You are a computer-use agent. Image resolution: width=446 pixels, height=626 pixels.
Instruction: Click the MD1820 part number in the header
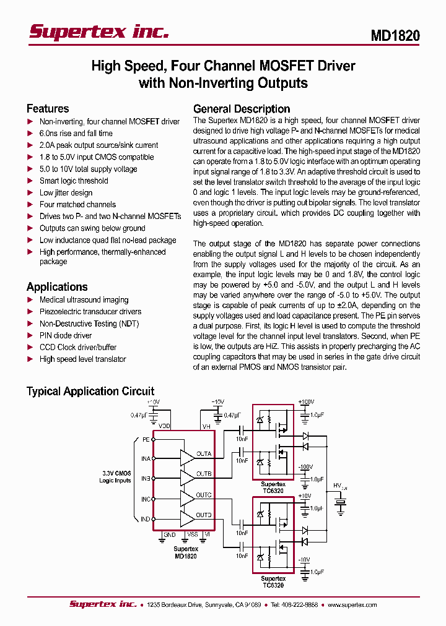[x=395, y=36]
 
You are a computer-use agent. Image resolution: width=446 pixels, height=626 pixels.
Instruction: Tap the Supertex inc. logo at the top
[x=99, y=32]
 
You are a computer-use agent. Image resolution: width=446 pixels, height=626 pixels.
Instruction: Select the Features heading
[x=48, y=108]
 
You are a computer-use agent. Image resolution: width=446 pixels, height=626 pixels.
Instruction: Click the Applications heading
[x=57, y=286]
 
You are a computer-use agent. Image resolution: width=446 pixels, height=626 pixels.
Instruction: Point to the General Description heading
[x=242, y=108]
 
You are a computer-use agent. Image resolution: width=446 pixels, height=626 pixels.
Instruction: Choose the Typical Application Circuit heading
[x=90, y=391]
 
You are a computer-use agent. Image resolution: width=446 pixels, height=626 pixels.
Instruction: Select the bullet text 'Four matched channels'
[x=77, y=205]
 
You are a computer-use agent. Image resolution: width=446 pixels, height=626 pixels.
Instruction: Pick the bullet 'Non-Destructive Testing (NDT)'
[x=89, y=324]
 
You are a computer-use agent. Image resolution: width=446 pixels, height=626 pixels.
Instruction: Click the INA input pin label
[x=146, y=458]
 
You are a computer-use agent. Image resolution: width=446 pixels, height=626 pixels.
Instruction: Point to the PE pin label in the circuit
[x=146, y=439]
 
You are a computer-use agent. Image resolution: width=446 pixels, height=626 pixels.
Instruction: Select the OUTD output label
[x=204, y=515]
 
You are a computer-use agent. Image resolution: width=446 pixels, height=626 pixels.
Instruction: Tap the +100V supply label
[x=307, y=403]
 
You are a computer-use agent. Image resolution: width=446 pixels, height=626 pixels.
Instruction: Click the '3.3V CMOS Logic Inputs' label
[x=116, y=477]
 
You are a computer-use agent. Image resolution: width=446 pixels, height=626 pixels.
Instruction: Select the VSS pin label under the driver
[x=193, y=534]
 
